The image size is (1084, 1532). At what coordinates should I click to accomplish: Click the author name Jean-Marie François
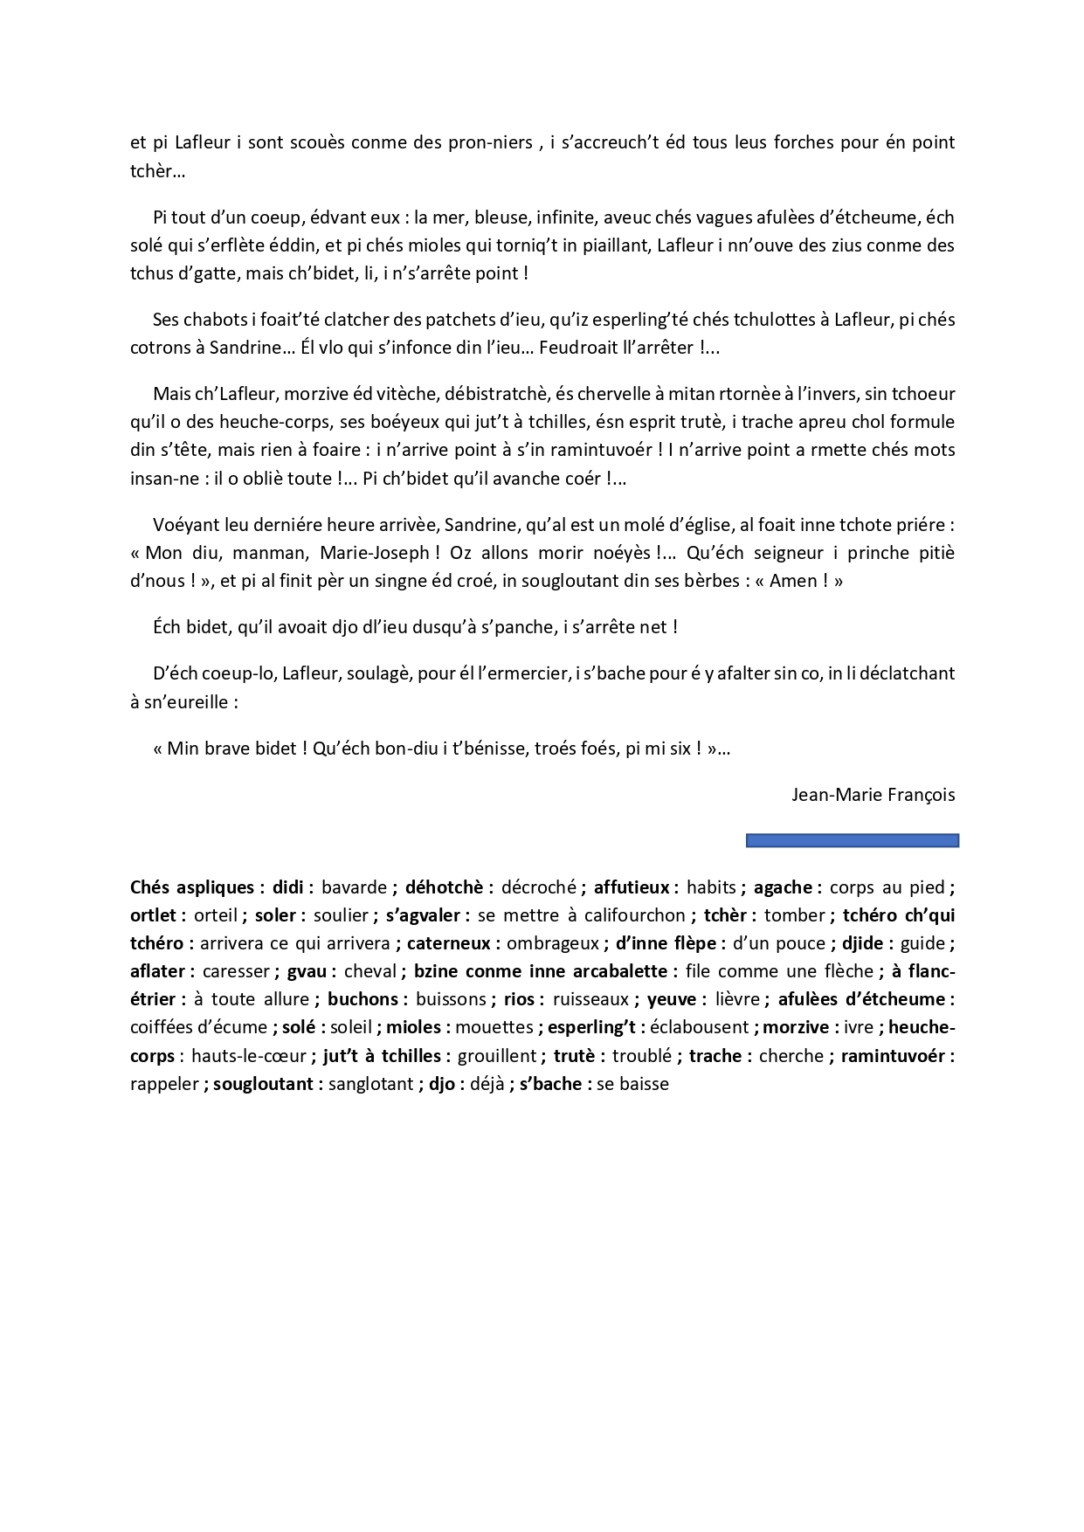(x=873, y=795)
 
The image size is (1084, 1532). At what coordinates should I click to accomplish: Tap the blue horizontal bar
(x=852, y=840)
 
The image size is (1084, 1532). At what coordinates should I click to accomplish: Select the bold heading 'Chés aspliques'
(x=191, y=887)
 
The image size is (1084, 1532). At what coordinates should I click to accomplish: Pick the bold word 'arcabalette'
(x=612, y=971)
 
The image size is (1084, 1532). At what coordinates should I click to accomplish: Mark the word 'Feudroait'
(x=580, y=347)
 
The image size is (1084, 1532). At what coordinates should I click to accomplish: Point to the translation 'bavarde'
(x=354, y=887)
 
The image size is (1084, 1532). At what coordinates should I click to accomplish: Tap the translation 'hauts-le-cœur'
(x=249, y=1056)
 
